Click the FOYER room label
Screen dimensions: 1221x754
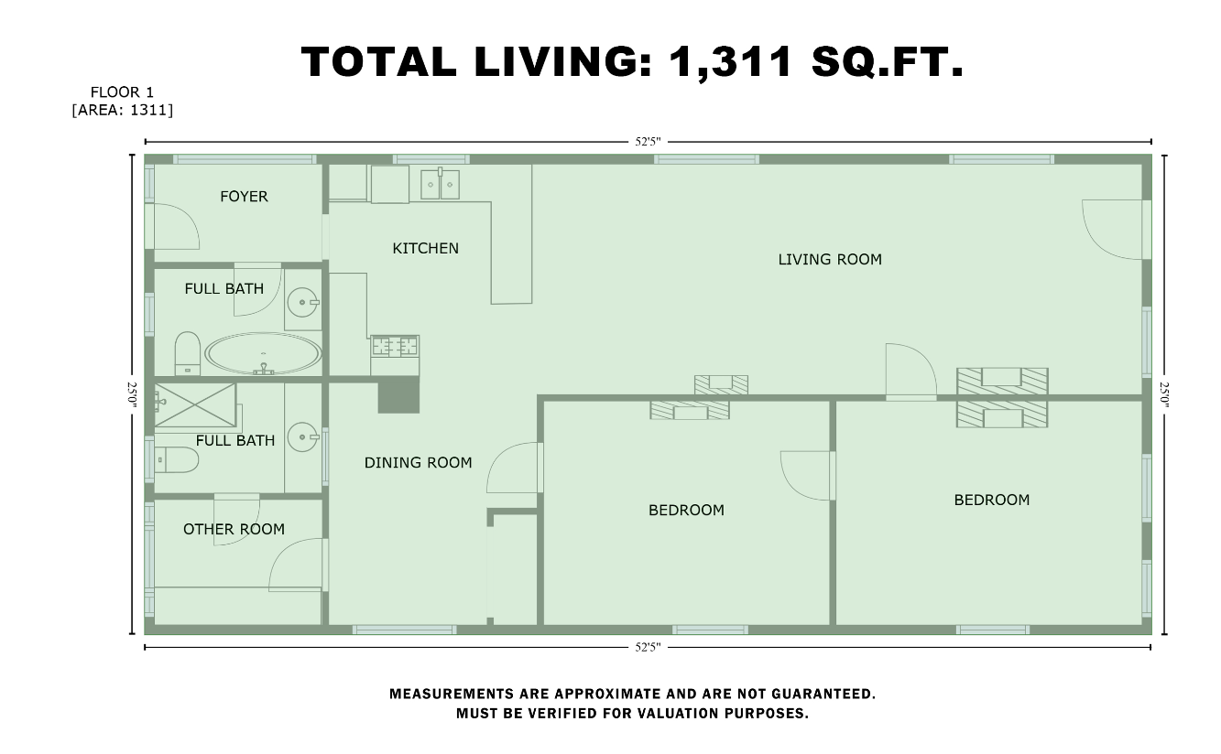click(244, 197)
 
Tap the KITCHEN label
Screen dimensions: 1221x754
click(426, 248)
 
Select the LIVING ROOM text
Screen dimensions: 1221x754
click(830, 260)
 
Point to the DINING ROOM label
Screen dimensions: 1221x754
click(418, 463)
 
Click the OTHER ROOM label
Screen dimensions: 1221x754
click(234, 529)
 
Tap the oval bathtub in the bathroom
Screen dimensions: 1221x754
click(263, 354)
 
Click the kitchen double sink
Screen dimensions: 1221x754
click(440, 184)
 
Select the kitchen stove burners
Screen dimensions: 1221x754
click(395, 346)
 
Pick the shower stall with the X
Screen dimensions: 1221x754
click(195, 404)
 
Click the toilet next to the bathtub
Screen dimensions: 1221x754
click(187, 353)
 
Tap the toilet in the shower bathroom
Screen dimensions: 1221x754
click(176, 460)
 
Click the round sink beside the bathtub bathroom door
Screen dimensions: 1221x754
click(302, 302)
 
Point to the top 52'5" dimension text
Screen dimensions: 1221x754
click(648, 142)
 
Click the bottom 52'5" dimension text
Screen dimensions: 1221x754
click(648, 647)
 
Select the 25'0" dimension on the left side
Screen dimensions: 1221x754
click(133, 394)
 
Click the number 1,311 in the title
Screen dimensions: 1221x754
click(730, 61)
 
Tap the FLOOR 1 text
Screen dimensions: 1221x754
click(122, 92)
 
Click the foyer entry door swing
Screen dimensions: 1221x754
click(177, 226)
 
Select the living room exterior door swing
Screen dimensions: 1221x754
click(1112, 229)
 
